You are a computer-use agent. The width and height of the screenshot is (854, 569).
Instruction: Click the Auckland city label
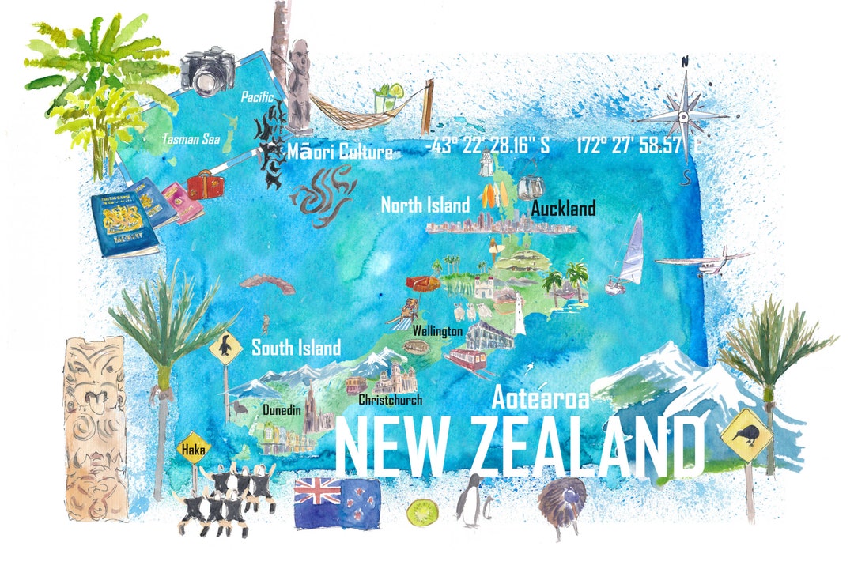(x=563, y=209)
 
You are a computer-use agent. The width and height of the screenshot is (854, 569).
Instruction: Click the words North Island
(x=425, y=205)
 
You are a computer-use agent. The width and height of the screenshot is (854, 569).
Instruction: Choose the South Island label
(x=296, y=347)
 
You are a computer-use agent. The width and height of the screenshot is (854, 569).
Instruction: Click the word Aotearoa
(x=540, y=398)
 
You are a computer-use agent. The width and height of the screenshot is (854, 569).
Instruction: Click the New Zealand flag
(x=337, y=503)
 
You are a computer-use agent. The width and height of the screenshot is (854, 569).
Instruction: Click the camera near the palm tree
(x=208, y=70)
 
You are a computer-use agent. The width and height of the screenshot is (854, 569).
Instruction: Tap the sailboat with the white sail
(x=629, y=253)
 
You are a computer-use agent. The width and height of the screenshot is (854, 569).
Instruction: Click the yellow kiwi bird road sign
(x=746, y=434)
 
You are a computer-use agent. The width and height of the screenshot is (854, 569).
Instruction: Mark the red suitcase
(x=206, y=187)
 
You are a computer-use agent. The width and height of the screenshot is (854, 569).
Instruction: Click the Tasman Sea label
(x=191, y=139)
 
